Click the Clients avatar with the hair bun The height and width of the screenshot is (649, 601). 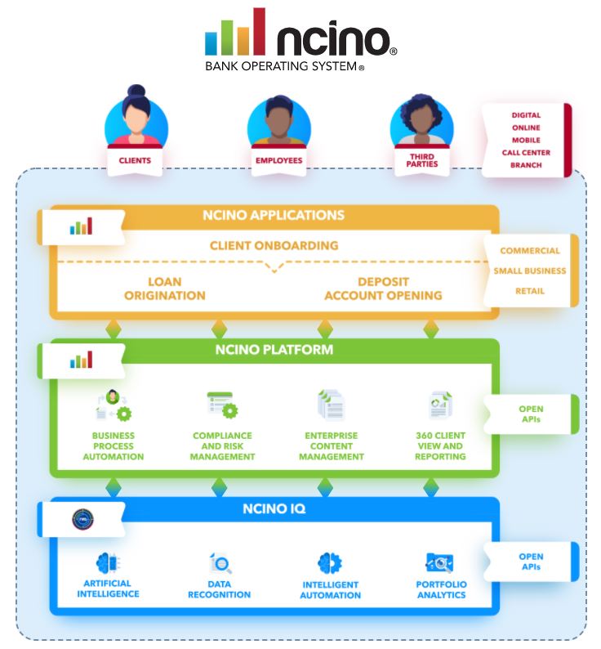click(x=136, y=122)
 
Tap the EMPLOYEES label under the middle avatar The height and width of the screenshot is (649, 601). click(x=278, y=161)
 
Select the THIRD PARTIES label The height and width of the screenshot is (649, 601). click(x=421, y=160)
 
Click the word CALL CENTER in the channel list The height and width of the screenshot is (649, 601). click(x=526, y=153)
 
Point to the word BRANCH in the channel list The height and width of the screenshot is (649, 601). click(x=526, y=165)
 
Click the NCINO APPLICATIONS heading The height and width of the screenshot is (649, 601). click(x=274, y=216)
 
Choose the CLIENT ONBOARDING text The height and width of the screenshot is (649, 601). click(x=274, y=245)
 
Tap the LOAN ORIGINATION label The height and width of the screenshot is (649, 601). click(x=165, y=289)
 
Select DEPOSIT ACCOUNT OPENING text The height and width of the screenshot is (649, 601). click(x=383, y=289)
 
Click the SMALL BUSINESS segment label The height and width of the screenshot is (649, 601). click(x=529, y=271)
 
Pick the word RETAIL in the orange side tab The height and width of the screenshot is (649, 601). click(x=529, y=291)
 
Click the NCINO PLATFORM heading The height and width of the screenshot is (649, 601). click(x=274, y=350)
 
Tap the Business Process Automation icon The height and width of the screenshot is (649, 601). click(x=113, y=406)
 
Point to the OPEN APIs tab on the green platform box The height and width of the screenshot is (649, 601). click(x=531, y=414)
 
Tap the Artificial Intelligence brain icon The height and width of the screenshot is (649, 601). click(x=109, y=562)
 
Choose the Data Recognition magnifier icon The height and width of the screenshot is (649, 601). click(x=221, y=563)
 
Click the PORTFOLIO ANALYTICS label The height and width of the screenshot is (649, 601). click(x=441, y=589)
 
